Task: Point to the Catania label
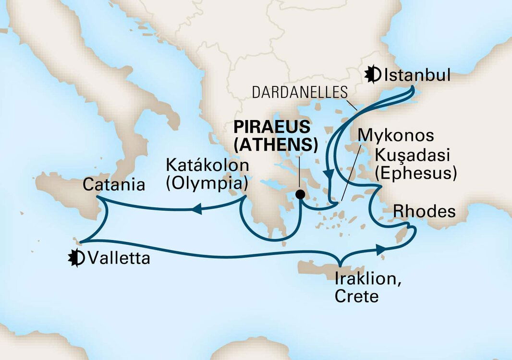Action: coord(114,184)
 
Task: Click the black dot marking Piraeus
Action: coord(300,194)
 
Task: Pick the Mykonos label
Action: coord(397,135)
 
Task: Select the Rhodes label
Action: coord(424,211)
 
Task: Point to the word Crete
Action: coord(356,296)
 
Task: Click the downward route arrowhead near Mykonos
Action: coord(329,176)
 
